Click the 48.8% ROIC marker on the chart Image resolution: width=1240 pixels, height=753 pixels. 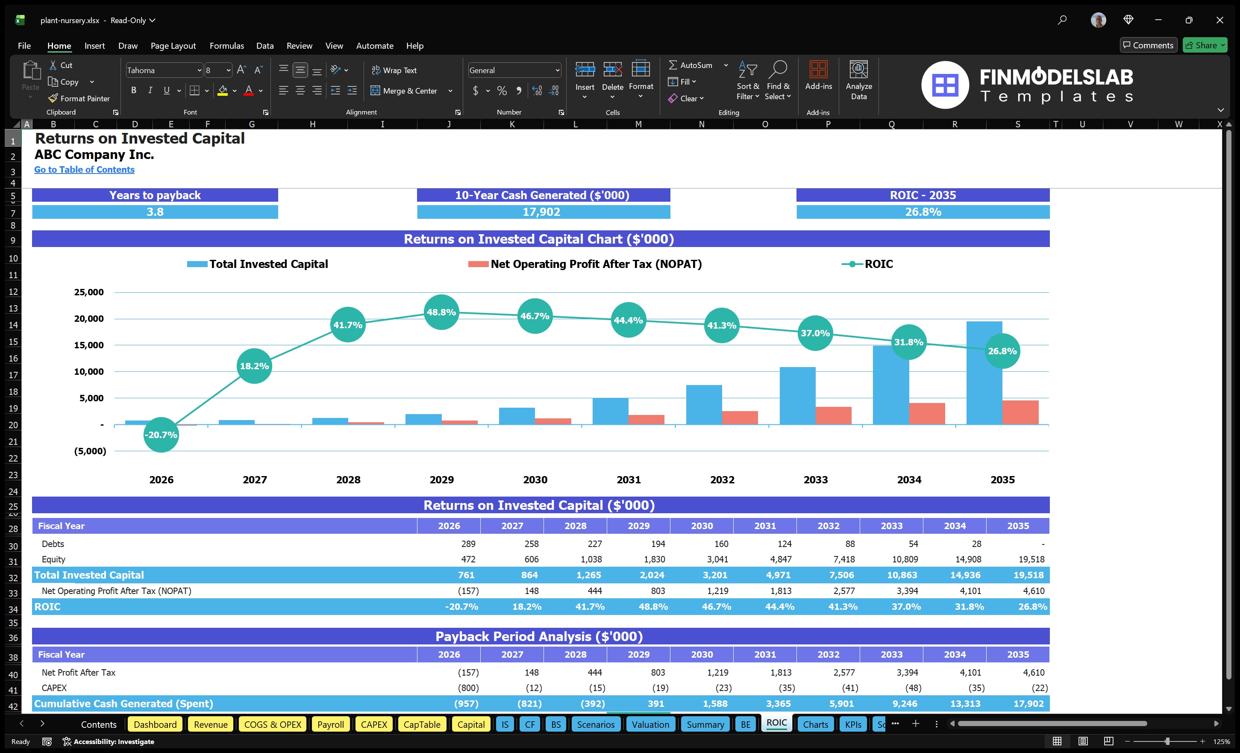(x=441, y=312)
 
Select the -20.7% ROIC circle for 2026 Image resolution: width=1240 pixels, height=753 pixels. (x=161, y=434)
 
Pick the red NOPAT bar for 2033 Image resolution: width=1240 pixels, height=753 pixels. (x=833, y=415)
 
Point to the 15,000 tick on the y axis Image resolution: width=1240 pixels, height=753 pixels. (x=88, y=345)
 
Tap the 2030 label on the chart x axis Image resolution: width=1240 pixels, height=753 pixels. (x=535, y=479)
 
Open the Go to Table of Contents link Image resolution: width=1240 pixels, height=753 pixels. (x=84, y=170)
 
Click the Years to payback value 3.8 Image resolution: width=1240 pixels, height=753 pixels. (x=155, y=212)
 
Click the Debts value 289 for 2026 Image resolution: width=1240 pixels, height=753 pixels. (x=467, y=544)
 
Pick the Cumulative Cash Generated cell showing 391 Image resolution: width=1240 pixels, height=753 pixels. (x=655, y=704)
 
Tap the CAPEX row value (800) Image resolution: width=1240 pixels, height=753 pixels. (x=468, y=688)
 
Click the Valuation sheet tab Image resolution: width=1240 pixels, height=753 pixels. (x=650, y=724)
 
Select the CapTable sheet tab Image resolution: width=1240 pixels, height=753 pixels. (x=422, y=724)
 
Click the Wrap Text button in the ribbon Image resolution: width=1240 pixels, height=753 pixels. (x=394, y=71)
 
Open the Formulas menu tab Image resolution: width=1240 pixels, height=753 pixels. (x=226, y=46)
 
